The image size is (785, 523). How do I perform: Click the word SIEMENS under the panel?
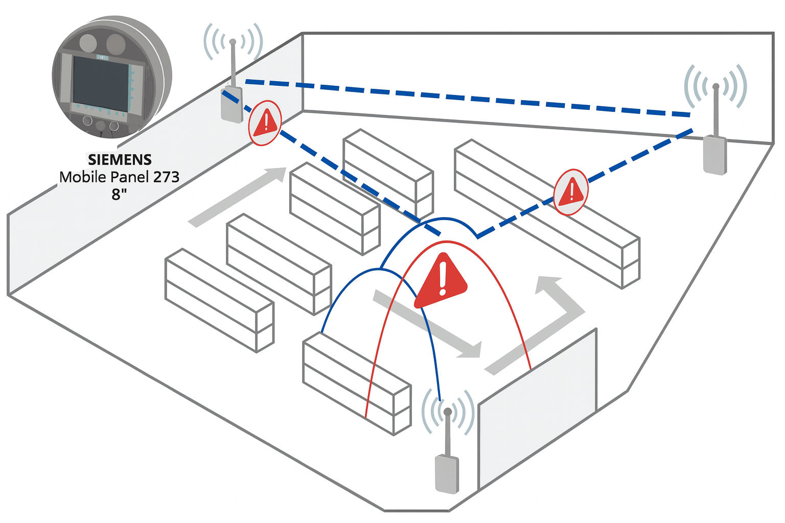120,160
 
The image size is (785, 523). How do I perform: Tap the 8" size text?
119,195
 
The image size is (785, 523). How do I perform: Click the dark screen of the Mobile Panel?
100,83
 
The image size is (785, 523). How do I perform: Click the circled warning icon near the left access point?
265,123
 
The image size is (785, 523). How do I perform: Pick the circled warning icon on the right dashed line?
571,192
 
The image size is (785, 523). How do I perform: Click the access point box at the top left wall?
232,105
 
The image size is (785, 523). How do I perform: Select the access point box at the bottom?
447,474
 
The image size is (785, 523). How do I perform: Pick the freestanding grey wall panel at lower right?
537,409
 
